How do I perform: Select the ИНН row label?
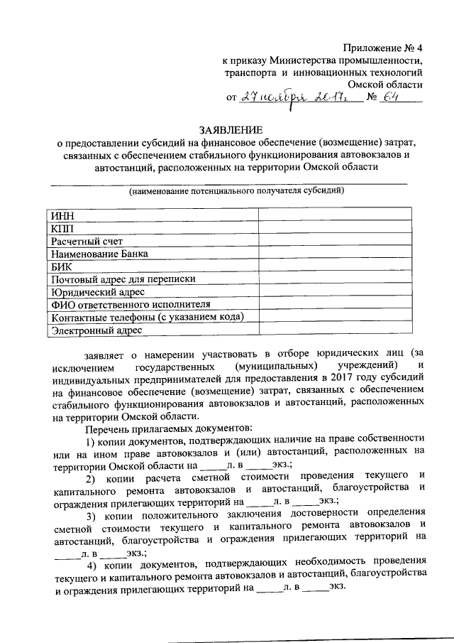coord(62,215)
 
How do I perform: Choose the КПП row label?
coord(62,228)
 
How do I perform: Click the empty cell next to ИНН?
coord(334,215)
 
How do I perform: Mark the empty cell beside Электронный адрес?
coord(334,330)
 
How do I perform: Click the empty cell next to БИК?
coord(334,266)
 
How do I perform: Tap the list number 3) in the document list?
coord(91,514)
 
